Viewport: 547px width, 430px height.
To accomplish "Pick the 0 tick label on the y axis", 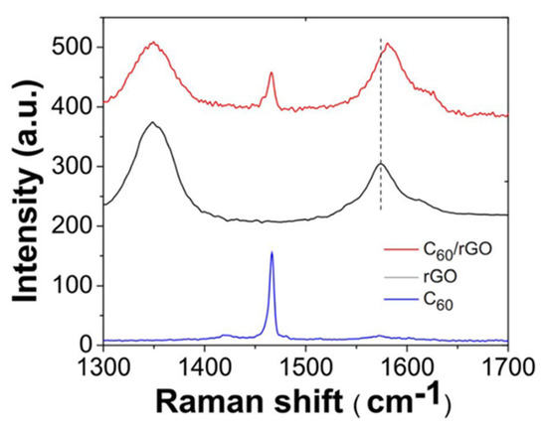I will click(x=87, y=344).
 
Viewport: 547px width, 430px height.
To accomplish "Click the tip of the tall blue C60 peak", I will click(x=272, y=252).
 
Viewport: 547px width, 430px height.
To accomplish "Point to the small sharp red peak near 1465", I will click(x=271, y=72).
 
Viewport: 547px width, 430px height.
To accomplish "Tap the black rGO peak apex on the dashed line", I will click(x=380, y=164).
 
